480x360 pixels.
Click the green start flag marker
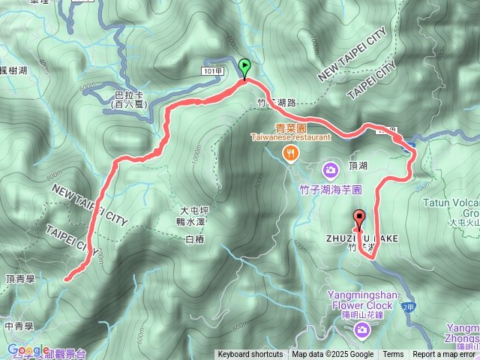(x=244, y=68)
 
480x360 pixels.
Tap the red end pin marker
(x=358, y=220)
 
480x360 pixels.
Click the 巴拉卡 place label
(x=127, y=100)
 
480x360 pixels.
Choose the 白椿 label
(x=194, y=238)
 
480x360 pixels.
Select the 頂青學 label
(x=20, y=278)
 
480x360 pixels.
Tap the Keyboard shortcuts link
(x=250, y=355)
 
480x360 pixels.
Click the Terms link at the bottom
(x=393, y=355)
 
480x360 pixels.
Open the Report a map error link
(x=445, y=355)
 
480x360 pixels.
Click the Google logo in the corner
(x=28, y=350)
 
